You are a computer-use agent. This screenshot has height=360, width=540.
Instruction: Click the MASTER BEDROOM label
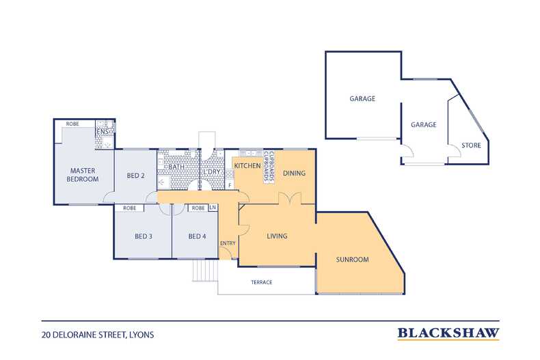(x=83, y=175)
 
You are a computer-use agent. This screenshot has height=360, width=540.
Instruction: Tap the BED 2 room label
(x=136, y=176)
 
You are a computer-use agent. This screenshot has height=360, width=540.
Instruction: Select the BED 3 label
(x=144, y=236)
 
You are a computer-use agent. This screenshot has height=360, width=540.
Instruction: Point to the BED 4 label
(x=197, y=236)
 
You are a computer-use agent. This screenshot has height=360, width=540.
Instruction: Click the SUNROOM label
(x=352, y=260)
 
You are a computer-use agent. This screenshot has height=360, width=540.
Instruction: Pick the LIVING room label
(x=277, y=236)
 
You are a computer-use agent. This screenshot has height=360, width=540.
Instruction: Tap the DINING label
(x=294, y=173)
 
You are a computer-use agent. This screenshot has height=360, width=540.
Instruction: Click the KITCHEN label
(x=247, y=165)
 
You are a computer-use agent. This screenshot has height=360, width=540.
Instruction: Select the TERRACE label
(x=261, y=282)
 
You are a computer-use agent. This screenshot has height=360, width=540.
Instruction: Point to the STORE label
(x=471, y=146)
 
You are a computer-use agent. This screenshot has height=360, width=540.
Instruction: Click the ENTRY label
(x=228, y=243)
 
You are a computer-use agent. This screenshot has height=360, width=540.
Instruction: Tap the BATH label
(x=176, y=167)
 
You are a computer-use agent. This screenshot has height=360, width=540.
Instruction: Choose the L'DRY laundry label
(x=212, y=171)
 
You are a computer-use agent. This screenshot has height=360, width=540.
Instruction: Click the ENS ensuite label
(x=103, y=131)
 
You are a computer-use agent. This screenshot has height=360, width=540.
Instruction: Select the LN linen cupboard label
(x=213, y=208)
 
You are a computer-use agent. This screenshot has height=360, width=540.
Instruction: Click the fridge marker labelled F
(x=230, y=186)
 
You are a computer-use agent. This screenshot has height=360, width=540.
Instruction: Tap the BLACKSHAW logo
(x=448, y=333)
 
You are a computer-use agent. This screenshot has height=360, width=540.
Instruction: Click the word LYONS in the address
(x=141, y=335)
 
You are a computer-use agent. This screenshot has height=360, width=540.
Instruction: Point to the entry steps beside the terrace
(x=205, y=271)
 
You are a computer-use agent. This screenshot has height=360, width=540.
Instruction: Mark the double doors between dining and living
(x=290, y=199)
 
